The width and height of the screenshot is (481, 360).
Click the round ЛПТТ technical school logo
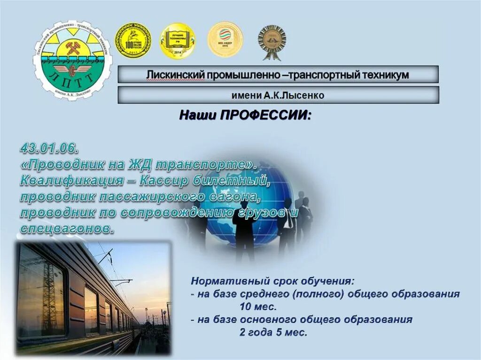pyautogui.click(x=73, y=61)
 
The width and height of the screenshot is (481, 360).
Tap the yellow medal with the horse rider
pyautogui.click(x=133, y=40)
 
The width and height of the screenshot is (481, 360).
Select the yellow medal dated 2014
pyautogui.click(x=178, y=41)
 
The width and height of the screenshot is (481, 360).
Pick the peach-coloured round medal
pyautogui.click(x=225, y=39)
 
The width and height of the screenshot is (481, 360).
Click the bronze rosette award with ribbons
pyautogui.click(x=272, y=40)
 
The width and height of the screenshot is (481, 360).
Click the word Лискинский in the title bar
pyautogui.click(x=168, y=75)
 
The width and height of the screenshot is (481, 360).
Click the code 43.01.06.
pyautogui.click(x=49, y=149)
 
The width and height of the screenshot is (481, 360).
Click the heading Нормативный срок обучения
pyautogui.click(x=272, y=282)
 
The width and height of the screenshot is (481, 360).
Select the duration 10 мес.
pyautogui.click(x=258, y=307)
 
